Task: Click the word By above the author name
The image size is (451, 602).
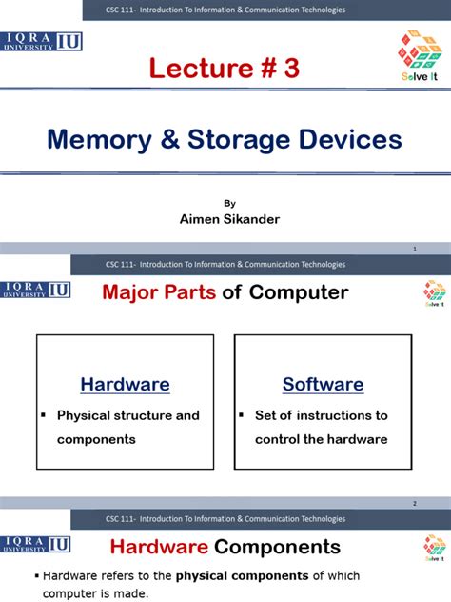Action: click(x=228, y=203)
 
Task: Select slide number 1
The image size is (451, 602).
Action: click(x=415, y=250)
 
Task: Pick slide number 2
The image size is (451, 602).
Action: click(x=415, y=503)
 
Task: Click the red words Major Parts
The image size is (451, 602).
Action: click(x=160, y=292)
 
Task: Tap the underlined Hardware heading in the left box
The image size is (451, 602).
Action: click(x=125, y=385)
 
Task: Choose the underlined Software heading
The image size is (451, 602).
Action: click(x=323, y=385)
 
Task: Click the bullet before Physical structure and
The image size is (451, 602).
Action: click(x=45, y=415)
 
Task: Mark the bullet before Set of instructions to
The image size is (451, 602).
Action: click(x=243, y=415)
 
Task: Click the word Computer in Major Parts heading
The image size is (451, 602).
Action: click(x=298, y=292)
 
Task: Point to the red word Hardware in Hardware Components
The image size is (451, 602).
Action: click(x=159, y=547)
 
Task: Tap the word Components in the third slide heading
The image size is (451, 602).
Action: click(x=277, y=547)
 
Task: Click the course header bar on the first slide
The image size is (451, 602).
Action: click(x=225, y=10)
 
